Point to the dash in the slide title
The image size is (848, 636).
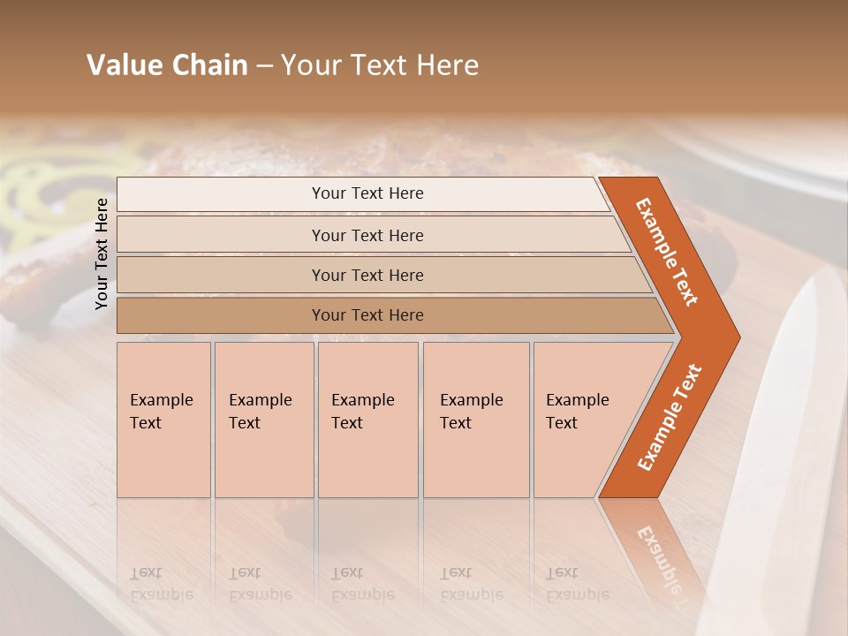coord(263,66)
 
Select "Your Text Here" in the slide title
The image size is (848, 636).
coord(380,65)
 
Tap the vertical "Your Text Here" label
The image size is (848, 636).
coord(102,254)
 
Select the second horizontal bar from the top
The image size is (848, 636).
coord(367,235)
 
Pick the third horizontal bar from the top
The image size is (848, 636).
coord(367,275)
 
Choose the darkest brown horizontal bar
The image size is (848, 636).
coord(367,315)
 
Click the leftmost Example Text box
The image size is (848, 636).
coord(163,420)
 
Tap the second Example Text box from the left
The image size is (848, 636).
coord(264,420)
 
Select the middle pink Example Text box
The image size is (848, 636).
coord(367,420)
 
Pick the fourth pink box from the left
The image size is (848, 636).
coord(476,420)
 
